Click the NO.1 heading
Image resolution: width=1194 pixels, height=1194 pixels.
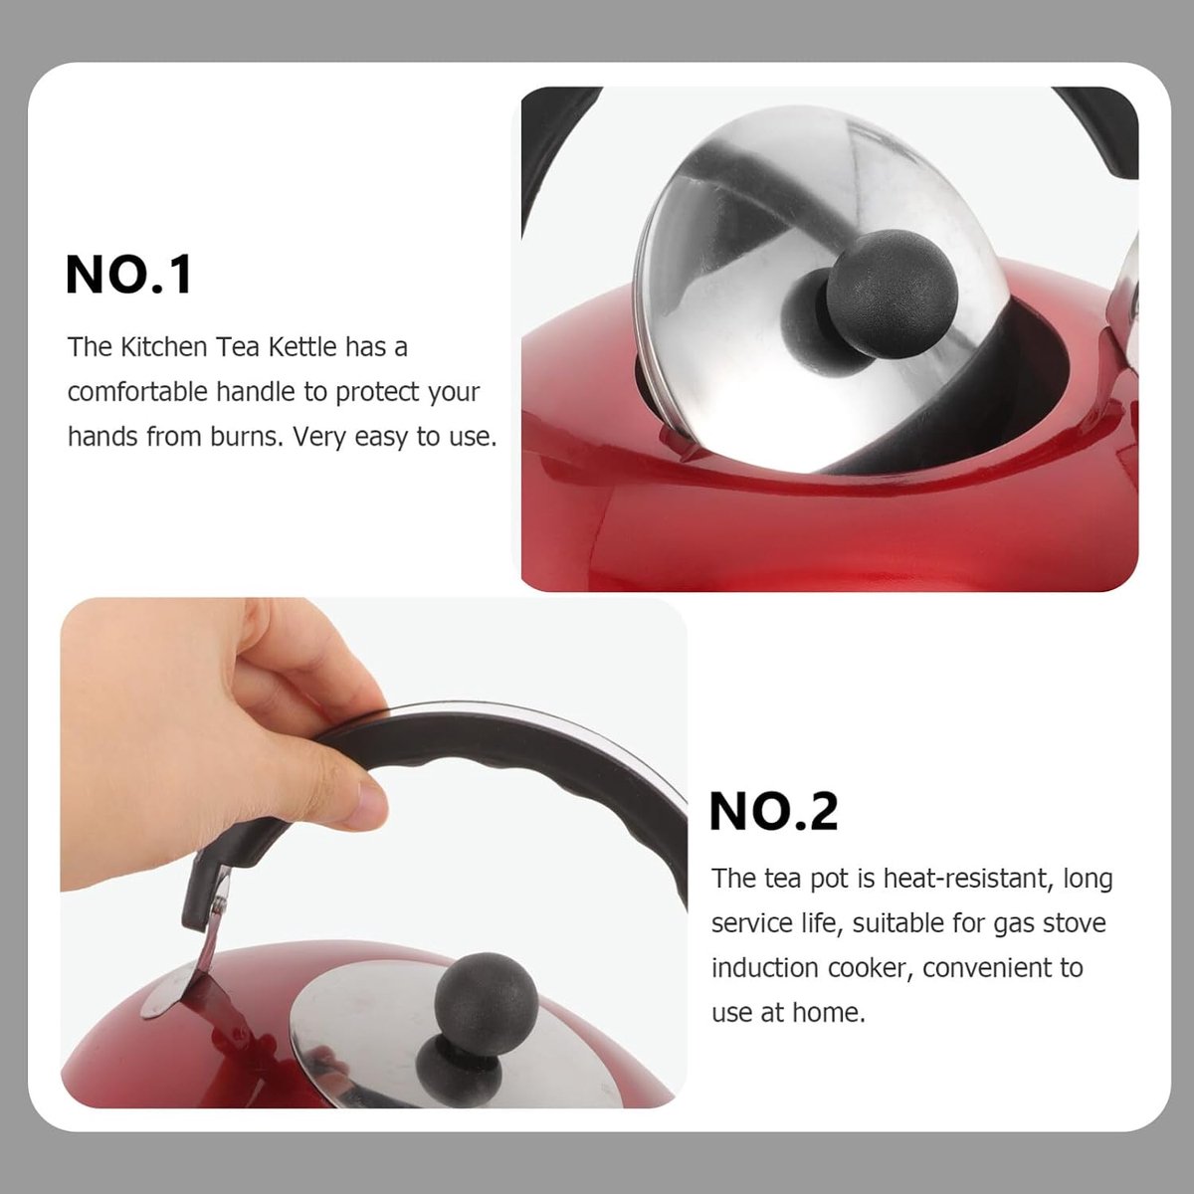point(129,274)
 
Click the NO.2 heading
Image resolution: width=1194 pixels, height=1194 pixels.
point(773,811)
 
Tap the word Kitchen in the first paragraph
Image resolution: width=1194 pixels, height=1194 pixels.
point(163,347)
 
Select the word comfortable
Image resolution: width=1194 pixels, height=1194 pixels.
point(138,392)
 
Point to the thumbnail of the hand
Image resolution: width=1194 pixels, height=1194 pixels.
point(368,803)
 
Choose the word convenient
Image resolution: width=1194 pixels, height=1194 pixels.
point(1002,967)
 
